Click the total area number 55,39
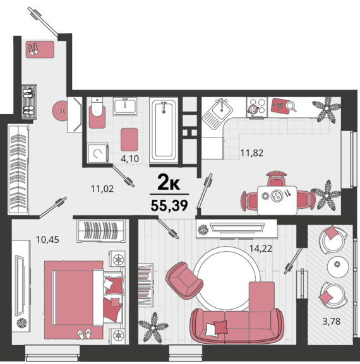(x=169, y=206)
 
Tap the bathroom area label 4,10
(x=129, y=159)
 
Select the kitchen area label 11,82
(x=252, y=153)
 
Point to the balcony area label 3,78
(x=331, y=322)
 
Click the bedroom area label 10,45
(x=47, y=239)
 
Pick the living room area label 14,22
(x=261, y=249)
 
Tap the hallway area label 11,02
(x=102, y=189)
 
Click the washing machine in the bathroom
(x=98, y=153)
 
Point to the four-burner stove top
(x=257, y=107)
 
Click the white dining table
(x=277, y=201)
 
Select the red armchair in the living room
(x=184, y=281)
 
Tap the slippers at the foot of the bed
(x=85, y=334)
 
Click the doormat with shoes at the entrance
(x=40, y=49)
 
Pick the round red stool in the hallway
(x=60, y=111)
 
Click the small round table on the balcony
(x=338, y=267)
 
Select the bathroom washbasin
(x=125, y=107)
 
